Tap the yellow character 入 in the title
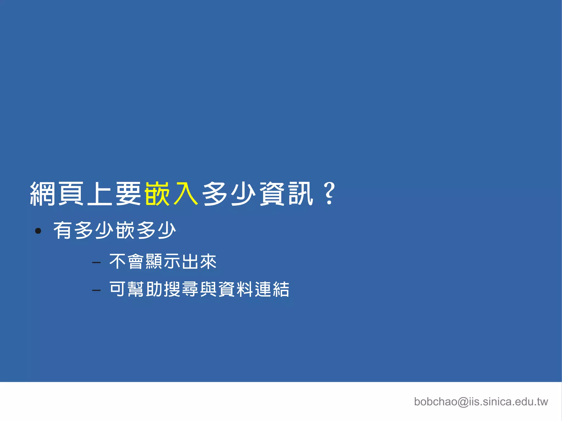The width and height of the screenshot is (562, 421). coord(186,194)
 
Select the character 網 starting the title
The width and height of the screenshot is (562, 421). coord(43,194)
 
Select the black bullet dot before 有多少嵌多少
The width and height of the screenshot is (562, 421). coord(38,231)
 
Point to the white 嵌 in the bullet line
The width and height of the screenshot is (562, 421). coord(125,230)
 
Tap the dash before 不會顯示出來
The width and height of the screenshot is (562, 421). coord(96,263)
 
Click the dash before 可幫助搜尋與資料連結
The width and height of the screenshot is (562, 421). coord(96,290)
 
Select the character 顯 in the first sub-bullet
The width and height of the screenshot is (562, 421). coord(154,261)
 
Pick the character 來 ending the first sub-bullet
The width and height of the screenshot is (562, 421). coord(208,261)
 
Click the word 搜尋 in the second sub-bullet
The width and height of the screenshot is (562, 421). coord(181,289)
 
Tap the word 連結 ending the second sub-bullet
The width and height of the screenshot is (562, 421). coord(272,289)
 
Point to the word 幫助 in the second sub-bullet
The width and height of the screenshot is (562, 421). coord(145,289)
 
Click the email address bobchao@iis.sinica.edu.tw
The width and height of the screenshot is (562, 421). coord(481,402)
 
